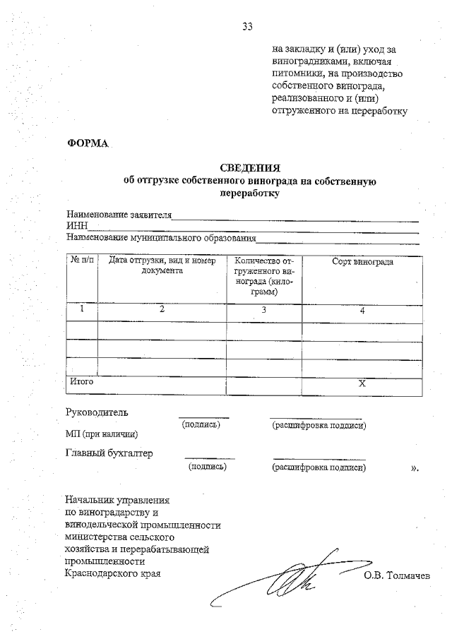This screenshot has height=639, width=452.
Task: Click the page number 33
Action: [247, 27]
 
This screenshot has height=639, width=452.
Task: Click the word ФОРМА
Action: [88, 143]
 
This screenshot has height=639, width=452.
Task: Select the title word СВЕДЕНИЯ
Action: [250, 168]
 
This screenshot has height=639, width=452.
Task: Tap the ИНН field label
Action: [76, 226]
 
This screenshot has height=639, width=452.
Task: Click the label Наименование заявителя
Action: [119, 214]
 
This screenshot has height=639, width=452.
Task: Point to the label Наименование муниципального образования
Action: [161, 237]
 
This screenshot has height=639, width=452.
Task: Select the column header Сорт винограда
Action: [362, 262]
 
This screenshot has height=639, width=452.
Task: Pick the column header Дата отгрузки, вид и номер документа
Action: [162, 266]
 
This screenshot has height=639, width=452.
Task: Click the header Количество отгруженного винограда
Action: [263, 276]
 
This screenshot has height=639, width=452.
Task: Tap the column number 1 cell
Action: [82, 309]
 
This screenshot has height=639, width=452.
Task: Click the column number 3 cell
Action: [263, 309]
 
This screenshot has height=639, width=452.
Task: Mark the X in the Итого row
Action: [362, 384]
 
